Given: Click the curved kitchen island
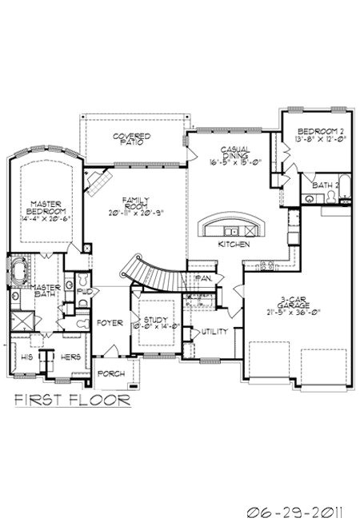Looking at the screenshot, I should (x=234, y=225).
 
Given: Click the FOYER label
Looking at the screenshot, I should (x=109, y=323).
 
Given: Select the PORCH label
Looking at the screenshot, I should (x=110, y=373).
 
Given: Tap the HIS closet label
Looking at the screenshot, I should (x=26, y=357).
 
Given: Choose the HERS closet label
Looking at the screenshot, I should (x=71, y=357).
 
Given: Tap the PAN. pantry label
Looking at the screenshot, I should (x=202, y=279).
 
